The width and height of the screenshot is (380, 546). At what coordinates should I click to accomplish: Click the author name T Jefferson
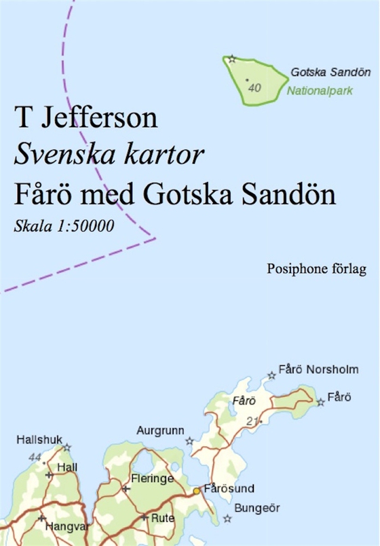86,118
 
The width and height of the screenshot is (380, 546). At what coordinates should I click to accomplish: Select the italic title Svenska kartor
109,156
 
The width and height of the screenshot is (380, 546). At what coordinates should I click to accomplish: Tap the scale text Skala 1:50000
64,226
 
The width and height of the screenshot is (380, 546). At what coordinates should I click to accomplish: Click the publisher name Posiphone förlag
317,270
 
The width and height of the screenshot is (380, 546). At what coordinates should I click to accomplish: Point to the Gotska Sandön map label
330,72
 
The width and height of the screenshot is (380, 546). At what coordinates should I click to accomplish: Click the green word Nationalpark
320,90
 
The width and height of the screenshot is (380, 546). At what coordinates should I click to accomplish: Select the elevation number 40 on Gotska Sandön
255,88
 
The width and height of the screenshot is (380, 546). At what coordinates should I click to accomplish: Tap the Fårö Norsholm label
322,370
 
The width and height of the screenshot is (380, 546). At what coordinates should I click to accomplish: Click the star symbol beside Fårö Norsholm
271,375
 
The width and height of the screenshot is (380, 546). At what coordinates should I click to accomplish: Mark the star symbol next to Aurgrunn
189,441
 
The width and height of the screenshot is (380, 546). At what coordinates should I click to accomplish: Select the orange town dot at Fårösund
196,490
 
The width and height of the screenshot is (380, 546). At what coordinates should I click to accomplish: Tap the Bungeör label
256,508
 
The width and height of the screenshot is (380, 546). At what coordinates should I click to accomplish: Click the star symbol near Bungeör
227,518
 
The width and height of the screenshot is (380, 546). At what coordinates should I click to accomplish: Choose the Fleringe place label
153,478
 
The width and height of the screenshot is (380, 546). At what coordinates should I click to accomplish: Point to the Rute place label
163,517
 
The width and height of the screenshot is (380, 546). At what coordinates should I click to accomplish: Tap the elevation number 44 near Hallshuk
35,456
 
